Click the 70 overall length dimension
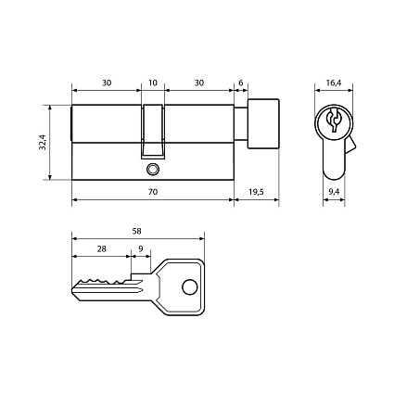pyautogui.click(x=153, y=192)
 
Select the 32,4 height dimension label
pyautogui.click(x=43, y=142)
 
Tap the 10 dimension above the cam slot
pyautogui.click(x=153, y=83)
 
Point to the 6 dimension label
pyautogui.click(x=241, y=83)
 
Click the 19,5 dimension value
pyautogui.click(x=256, y=192)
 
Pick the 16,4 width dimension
pyautogui.click(x=334, y=83)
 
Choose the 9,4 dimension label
pyautogui.click(x=334, y=192)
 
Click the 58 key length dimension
pyautogui.click(x=136, y=231)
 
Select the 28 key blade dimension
pyautogui.click(x=101, y=248)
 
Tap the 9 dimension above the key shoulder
pyautogui.click(x=141, y=248)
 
